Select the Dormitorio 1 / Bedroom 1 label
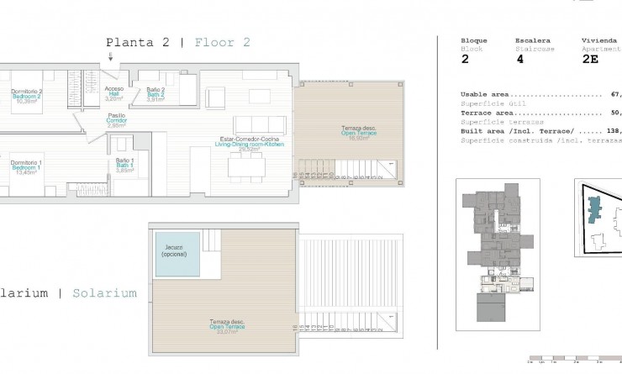coord(26,166)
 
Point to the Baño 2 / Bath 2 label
coord(155,93)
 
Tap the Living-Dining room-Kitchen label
coord(250,143)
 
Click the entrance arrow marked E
coord(109,56)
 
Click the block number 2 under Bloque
coord(465,60)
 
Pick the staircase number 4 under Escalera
coord(519,60)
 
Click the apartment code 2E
coord(591,60)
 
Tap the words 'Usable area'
coord(485,95)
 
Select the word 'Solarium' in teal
coord(104,293)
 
